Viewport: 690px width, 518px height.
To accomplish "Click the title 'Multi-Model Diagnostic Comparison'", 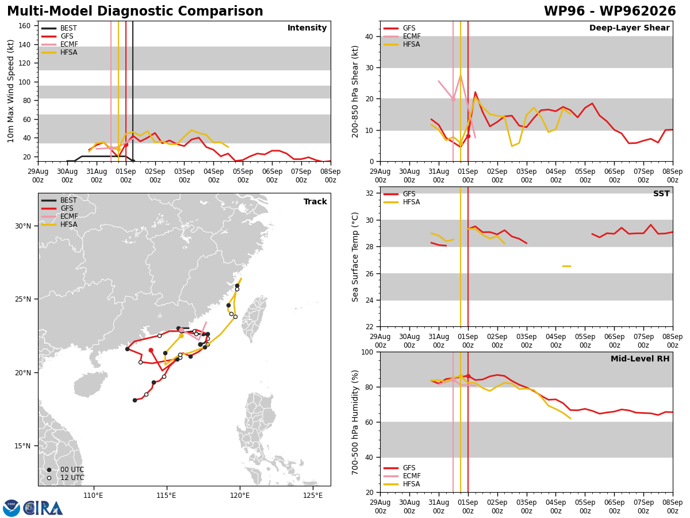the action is coord(135,11).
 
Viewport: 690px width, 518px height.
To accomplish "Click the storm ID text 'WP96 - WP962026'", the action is coord(610,11).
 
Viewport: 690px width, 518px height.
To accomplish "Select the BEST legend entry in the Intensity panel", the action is coord(59,28).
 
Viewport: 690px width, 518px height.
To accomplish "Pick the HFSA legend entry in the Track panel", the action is coord(59,224).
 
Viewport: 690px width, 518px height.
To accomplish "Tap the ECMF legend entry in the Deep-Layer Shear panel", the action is coord(402,36).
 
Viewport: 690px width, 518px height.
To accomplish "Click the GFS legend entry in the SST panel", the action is coord(399,194).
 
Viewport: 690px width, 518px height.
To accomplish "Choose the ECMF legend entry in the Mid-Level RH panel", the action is coord(402,476).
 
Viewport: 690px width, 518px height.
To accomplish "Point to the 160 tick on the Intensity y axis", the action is coord(25,26).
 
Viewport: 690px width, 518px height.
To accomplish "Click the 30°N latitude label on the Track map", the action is coord(23,226).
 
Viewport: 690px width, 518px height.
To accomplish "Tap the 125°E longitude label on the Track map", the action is coord(313,496).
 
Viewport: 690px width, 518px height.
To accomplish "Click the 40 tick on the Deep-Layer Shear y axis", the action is coord(369,37).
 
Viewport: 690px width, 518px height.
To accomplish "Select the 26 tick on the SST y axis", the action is coord(369,274).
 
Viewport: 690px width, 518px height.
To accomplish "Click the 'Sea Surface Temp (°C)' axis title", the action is coord(355,257).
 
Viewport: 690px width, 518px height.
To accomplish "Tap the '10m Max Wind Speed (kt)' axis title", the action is coord(10,91).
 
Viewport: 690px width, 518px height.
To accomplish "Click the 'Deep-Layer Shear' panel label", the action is coord(629,28).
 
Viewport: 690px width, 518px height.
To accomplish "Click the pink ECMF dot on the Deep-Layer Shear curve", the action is coord(453,100).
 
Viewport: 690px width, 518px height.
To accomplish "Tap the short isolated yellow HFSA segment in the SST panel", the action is coord(566,266).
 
